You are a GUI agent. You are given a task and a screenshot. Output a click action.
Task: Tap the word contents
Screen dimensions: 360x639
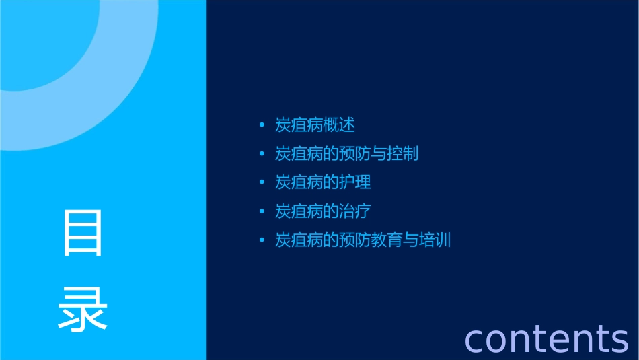[546, 338]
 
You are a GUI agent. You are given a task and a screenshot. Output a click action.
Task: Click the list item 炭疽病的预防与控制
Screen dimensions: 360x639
[346, 154]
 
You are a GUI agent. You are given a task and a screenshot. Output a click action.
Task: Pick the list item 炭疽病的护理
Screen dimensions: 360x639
[323, 182]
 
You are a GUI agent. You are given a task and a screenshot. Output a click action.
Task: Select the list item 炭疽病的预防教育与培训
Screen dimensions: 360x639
[363, 240]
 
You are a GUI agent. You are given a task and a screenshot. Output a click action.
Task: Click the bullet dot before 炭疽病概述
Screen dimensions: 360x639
[262, 125]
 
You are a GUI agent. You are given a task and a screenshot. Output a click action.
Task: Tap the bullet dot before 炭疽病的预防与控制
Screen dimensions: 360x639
[262, 154]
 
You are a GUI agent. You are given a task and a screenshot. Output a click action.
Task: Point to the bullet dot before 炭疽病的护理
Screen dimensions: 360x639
[262, 182]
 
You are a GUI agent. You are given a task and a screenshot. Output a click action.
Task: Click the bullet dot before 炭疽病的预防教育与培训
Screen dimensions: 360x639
[262, 240]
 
